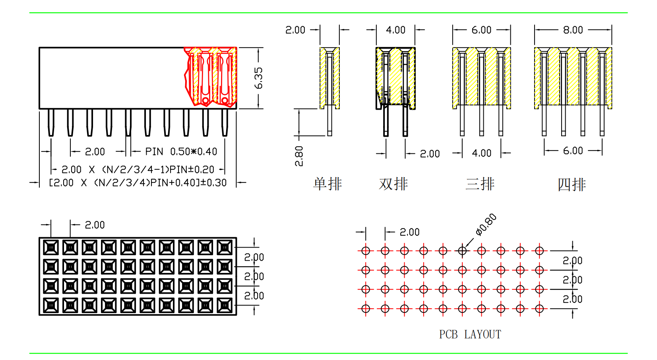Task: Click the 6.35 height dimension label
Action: (x=258, y=78)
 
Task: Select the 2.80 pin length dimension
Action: (x=299, y=156)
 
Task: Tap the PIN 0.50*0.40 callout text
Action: (x=181, y=152)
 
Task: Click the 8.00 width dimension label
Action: (x=573, y=30)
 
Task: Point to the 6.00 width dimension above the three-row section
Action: (x=481, y=30)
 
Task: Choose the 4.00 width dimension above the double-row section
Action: (x=395, y=30)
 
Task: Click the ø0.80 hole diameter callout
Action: (x=486, y=225)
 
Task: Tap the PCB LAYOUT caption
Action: (x=470, y=335)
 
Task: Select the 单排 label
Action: (x=328, y=184)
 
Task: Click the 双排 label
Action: (x=393, y=184)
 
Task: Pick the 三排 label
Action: (x=480, y=184)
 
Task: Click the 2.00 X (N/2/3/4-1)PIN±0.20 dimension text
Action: (x=138, y=170)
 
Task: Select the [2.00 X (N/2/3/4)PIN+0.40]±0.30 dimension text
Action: (x=138, y=183)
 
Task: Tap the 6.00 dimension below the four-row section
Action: (x=573, y=151)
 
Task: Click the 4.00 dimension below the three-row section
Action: (x=481, y=153)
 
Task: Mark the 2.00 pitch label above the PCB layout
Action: (x=409, y=232)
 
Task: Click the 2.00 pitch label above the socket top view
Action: (x=95, y=225)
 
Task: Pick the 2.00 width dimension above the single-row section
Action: (x=295, y=30)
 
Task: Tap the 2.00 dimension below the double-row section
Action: (x=430, y=154)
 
